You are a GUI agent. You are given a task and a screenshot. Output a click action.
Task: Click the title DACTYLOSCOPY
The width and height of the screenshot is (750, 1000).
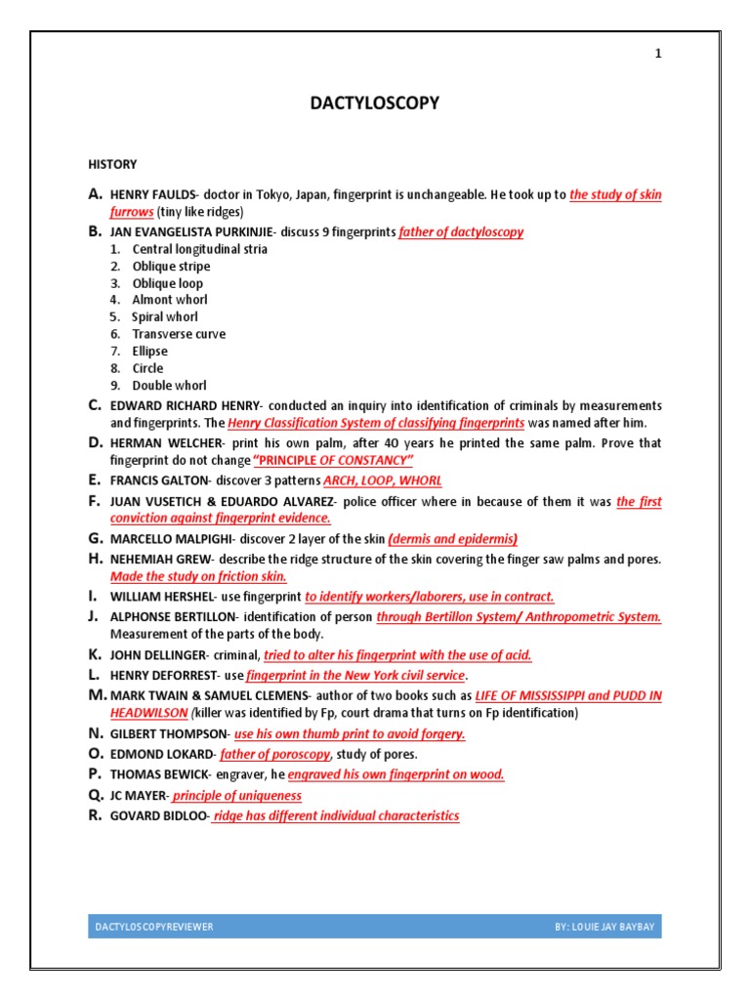coord(374,104)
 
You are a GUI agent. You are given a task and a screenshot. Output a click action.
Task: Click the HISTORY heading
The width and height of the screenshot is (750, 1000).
coord(113,164)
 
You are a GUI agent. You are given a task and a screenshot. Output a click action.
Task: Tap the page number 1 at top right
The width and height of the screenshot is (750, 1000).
coord(657,54)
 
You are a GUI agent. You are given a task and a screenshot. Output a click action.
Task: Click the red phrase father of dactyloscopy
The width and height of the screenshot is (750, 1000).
coord(461,232)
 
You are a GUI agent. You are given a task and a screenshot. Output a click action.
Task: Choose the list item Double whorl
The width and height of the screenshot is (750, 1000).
coord(169,386)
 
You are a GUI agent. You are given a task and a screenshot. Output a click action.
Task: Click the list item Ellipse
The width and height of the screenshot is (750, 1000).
coord(149,351)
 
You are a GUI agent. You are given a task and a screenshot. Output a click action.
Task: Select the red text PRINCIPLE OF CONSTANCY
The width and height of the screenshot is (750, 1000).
coord(333,460)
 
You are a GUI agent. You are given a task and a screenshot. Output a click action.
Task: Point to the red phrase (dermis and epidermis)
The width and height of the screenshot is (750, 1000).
coord(452,539)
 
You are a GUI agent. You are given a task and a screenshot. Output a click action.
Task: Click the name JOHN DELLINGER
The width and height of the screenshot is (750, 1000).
coord(156,656)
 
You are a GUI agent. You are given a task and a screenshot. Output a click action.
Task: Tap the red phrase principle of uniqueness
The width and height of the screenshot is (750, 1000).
coord(237,796)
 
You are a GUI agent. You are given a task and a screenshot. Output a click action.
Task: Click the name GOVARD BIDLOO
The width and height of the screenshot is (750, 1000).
coord(158,816)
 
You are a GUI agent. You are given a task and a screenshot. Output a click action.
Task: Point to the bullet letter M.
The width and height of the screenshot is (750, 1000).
coord(97,695)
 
